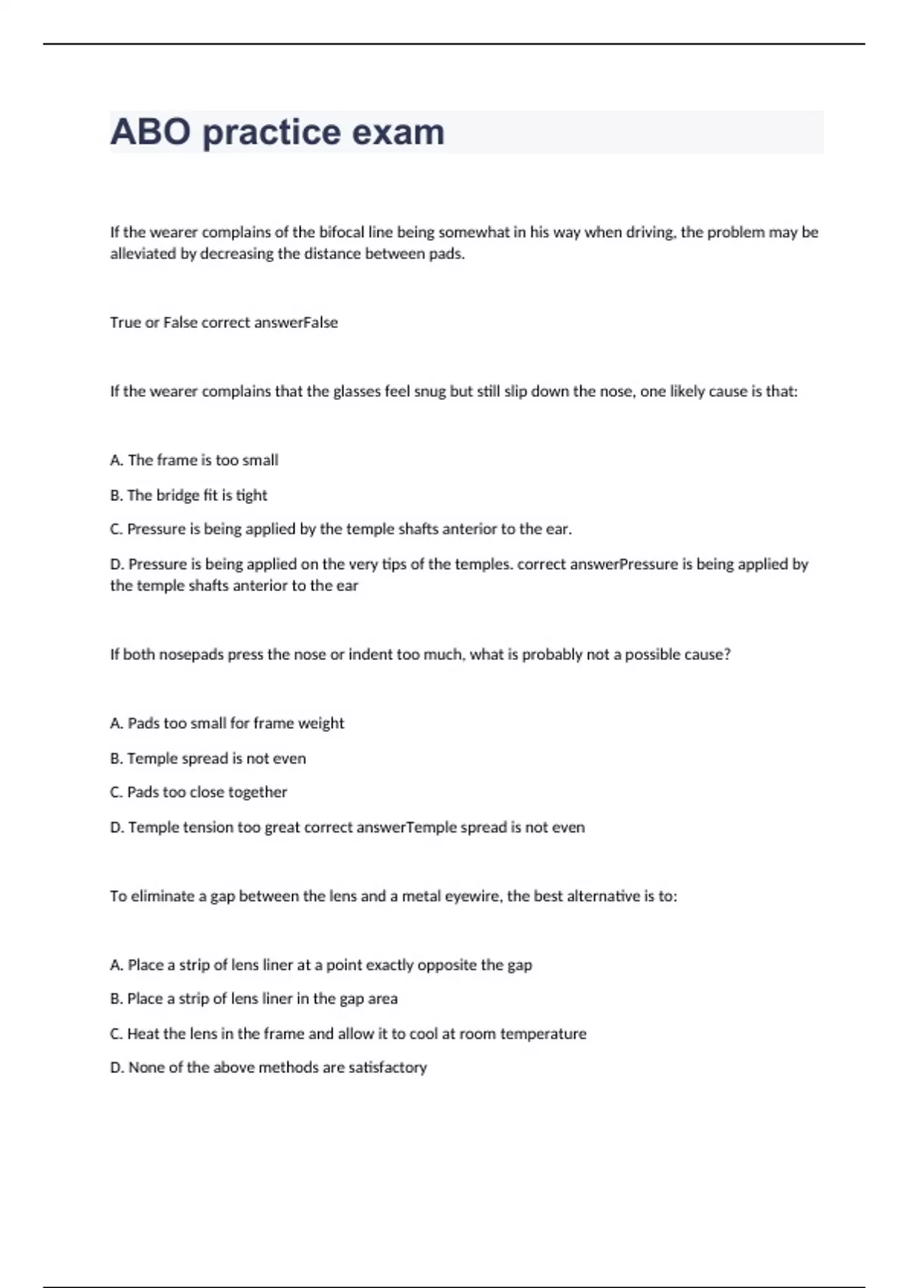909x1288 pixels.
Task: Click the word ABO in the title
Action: [x=150, y=132]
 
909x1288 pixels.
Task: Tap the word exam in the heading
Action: [x=398, y=132]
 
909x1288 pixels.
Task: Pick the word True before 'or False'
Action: [x=125, y=323]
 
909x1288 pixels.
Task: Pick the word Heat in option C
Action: [x=143, y=1034]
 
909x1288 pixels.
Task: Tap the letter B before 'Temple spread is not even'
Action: [x=116, y=758]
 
